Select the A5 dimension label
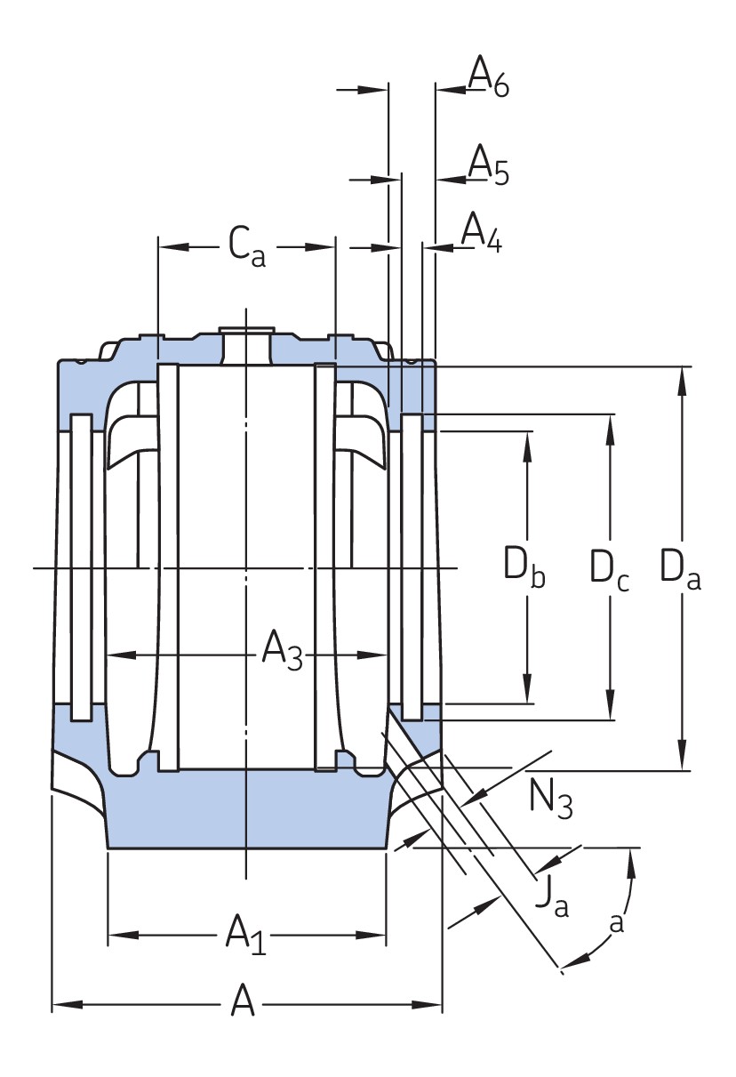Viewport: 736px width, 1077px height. pyautogui.click(x=488, y=165)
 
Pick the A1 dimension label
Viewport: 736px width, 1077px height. pyautogui.click(x=245, y=934)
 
